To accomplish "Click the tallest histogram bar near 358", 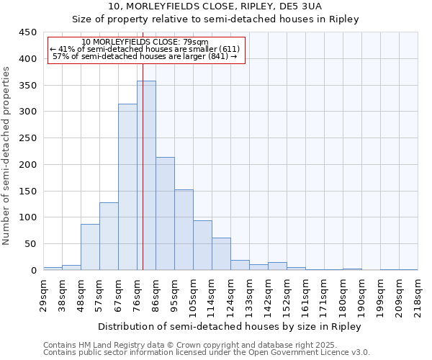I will pos(146,176).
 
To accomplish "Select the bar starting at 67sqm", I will pos(127,187).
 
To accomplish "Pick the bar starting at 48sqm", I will pos(90,247).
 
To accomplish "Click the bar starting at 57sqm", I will pos(109,236).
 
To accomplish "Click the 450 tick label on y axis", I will pos(28,32).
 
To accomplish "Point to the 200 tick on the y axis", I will pos(28,165).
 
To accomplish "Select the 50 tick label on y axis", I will pos(31,244).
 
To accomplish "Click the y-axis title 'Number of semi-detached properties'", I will pos(7,156).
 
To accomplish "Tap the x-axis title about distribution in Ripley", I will pos(230,326).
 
